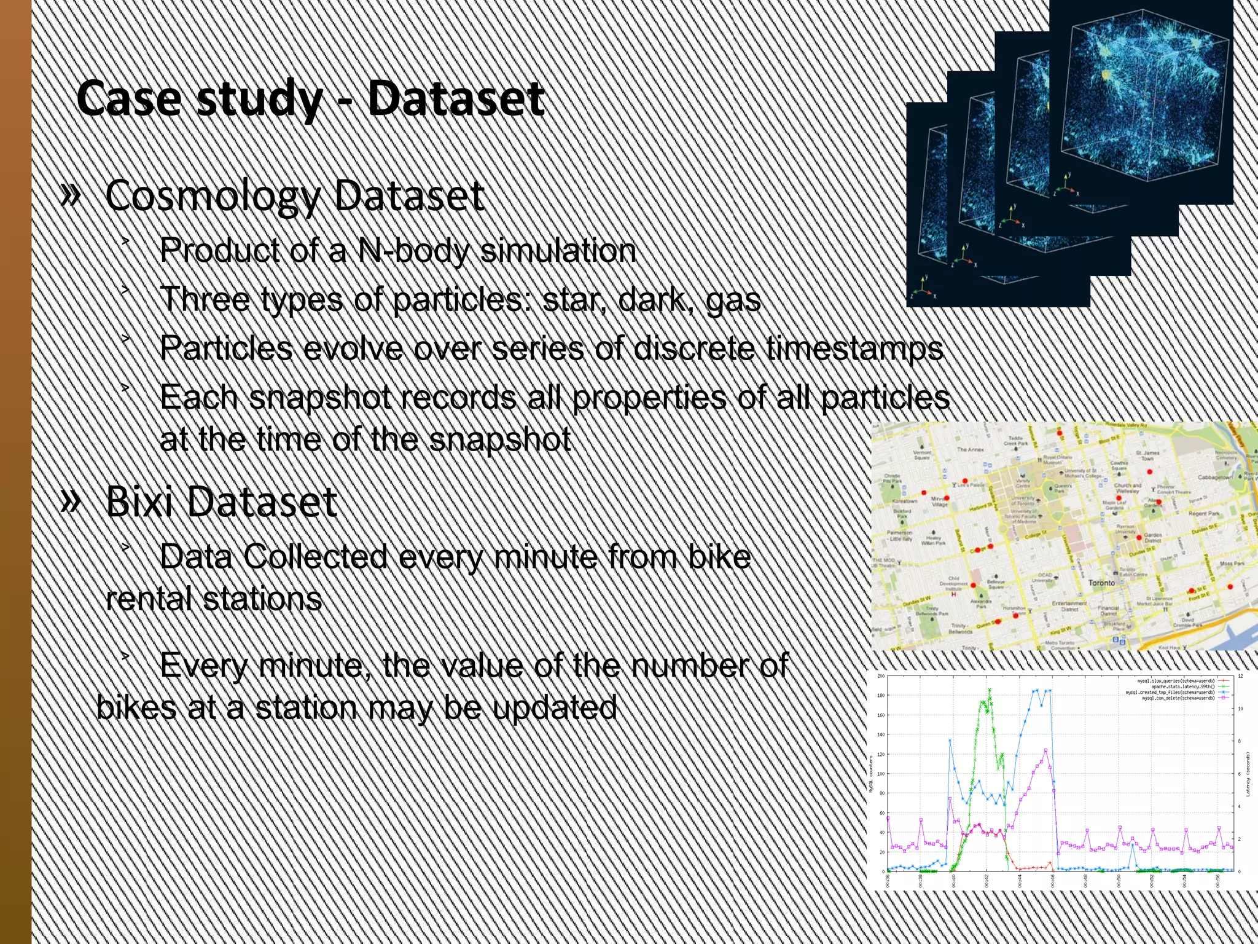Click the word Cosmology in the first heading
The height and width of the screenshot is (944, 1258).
pos(213,197)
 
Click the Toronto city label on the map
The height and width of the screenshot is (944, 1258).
pos(1101,583)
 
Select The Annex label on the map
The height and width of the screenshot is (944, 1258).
pos(971,450)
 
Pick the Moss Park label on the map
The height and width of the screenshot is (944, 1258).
pos(1232,563)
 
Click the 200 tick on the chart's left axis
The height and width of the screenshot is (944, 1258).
pos(880,677)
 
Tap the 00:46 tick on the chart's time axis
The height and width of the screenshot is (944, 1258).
pos(1052,880)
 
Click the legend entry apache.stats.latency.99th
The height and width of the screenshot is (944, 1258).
pos(1182,686)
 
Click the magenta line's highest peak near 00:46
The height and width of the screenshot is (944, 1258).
pos(1046,750)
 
